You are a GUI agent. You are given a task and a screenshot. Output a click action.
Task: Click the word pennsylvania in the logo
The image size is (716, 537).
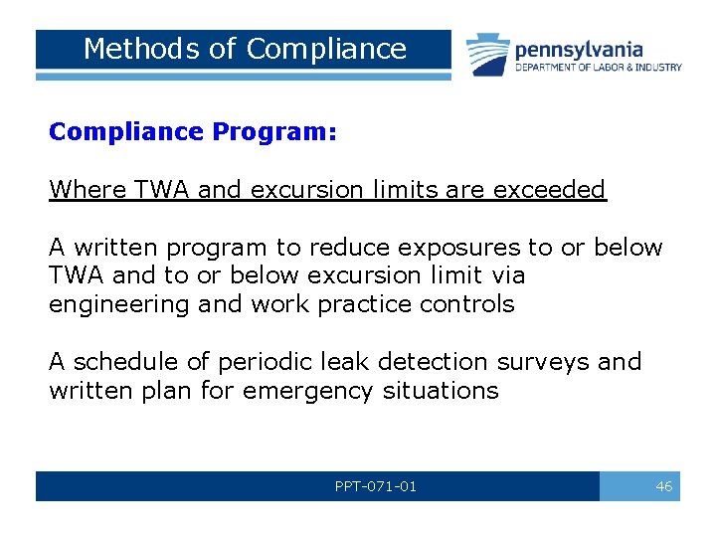579,49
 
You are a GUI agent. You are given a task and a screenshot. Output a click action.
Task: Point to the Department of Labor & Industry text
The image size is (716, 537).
598,68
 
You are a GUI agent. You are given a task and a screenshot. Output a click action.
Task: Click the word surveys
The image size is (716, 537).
547,362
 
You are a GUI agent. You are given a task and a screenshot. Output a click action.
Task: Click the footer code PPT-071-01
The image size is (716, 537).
376,486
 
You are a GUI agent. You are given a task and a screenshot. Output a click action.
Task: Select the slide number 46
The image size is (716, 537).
663,486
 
